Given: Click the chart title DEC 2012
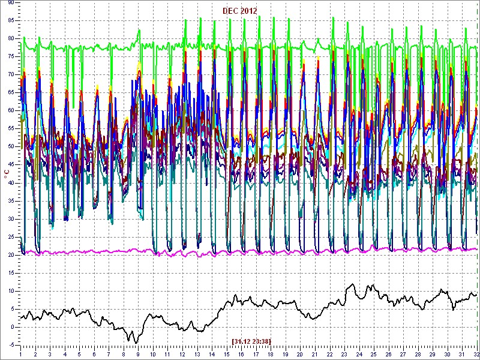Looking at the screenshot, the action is point(239,11).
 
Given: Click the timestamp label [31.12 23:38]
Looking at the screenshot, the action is point(251,341).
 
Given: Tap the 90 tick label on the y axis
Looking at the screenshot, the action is point(11,3).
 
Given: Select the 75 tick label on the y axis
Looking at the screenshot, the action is point(11,56).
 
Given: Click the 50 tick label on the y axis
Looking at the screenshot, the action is point(11,146).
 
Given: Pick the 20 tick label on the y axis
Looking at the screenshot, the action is point(11,255).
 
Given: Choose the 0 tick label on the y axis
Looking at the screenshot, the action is point(12,327).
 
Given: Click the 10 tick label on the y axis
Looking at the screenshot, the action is point(11,291).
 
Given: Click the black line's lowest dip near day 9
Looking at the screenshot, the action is point(136,343).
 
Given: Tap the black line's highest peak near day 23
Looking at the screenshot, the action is point(353,284).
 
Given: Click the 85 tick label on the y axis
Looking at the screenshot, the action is point(11,21).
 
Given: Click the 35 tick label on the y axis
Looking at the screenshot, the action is point(11,201).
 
